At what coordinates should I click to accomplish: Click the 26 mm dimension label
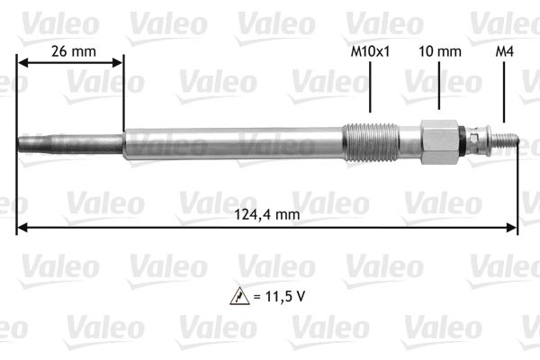tap(70, 51)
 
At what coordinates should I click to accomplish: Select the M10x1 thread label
tap(370, 51)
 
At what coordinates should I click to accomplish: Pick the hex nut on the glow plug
tap(438, 139)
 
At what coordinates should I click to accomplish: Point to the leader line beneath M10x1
tap(370, 94)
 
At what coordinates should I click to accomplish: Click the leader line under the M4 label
tap(504, 94)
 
